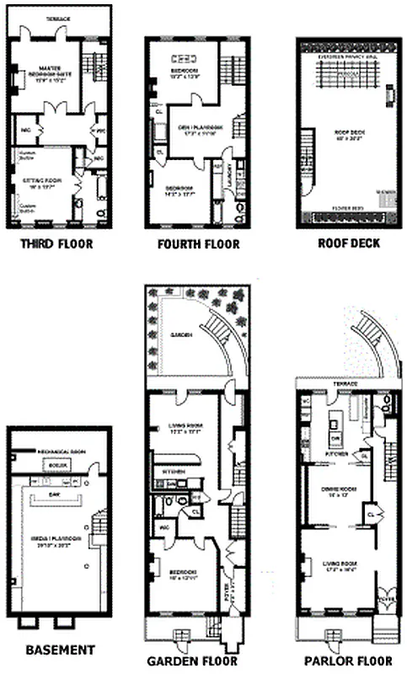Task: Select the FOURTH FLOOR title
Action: pyautogui.click(x=198, y=244)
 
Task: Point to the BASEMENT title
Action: pyautogui.click(x=59, y=650)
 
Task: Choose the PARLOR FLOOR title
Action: pyautogui.click(x=345, y=661)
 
